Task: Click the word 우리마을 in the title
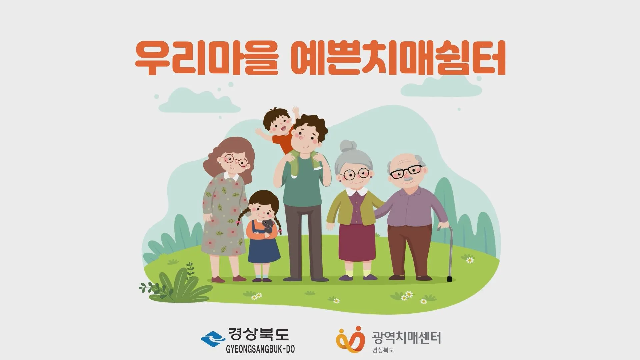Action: pos(206,58)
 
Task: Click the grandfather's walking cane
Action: pos(449,253)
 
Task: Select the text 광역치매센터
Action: pos(406,337)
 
